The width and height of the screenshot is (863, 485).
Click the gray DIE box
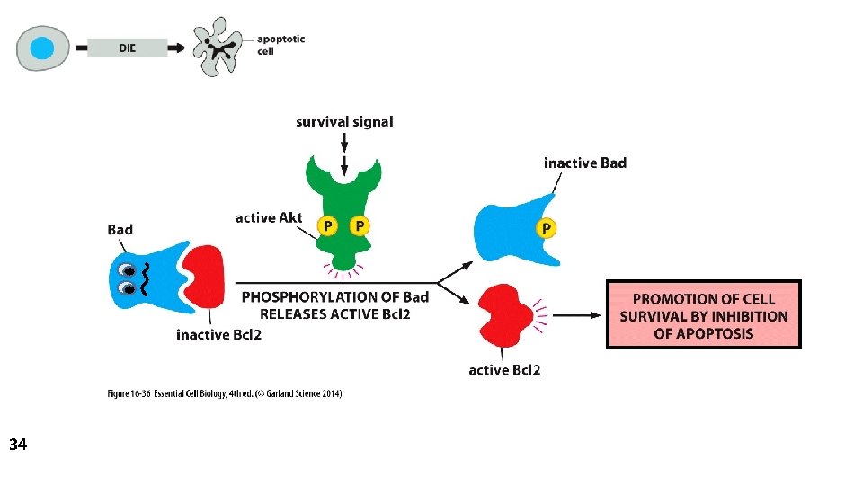coord(128,48)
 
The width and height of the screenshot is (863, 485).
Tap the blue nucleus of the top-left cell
coord(41,48)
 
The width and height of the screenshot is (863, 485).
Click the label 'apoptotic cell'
coord(280,45)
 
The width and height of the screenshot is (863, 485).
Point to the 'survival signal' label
coord(344,121)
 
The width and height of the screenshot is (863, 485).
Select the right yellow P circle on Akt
coord(360,225)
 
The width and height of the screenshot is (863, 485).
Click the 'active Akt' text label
coord(269,218)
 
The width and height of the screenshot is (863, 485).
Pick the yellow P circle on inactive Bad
coord(545,229)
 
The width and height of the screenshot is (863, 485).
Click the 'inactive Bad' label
coord(585,163)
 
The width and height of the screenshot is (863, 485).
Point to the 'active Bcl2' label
coord(504,369)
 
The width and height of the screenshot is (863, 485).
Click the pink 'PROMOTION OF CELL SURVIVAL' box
coord(703,314)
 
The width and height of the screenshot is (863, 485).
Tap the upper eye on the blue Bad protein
coord(132,268)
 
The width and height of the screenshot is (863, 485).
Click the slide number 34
coord(18,444)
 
